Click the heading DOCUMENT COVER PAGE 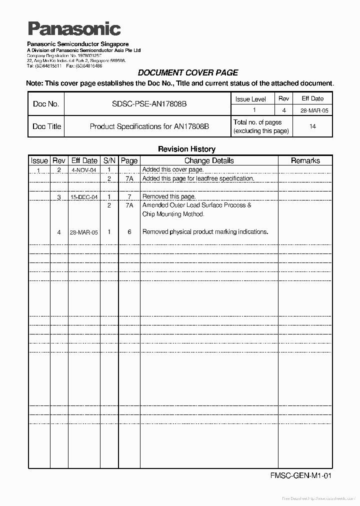pyautogui.click(x=187, y=72)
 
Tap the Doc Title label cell pyautogui.click(x=46, y=126)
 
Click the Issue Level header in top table pyautogui.click(x=250, y=99)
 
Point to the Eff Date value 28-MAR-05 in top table pyautogui.click(x=312, y=110)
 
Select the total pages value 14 pyautogui.click(x=312, y=126)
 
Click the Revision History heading pyautogui.click(x=186, y=149)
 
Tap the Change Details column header pyautogui.click(x=209, y=160)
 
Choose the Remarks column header pyautogui.click(x=305, y=160)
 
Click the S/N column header pyautogui.click(x=109, y=160)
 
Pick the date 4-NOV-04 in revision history pyautogui.click(x=83, y=170)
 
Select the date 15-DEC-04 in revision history pyautogui.click(x=83, y=197)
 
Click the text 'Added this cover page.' pyautogui.click(x=173, y=170)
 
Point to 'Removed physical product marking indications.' pyautogui.click(x=205, y=232)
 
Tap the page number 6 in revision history pyautogui.click(x=129, y=232)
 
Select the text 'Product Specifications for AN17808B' pyautogui.click(x=149, y=126)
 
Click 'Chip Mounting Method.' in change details pyautogui.click(x=173, y=214)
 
